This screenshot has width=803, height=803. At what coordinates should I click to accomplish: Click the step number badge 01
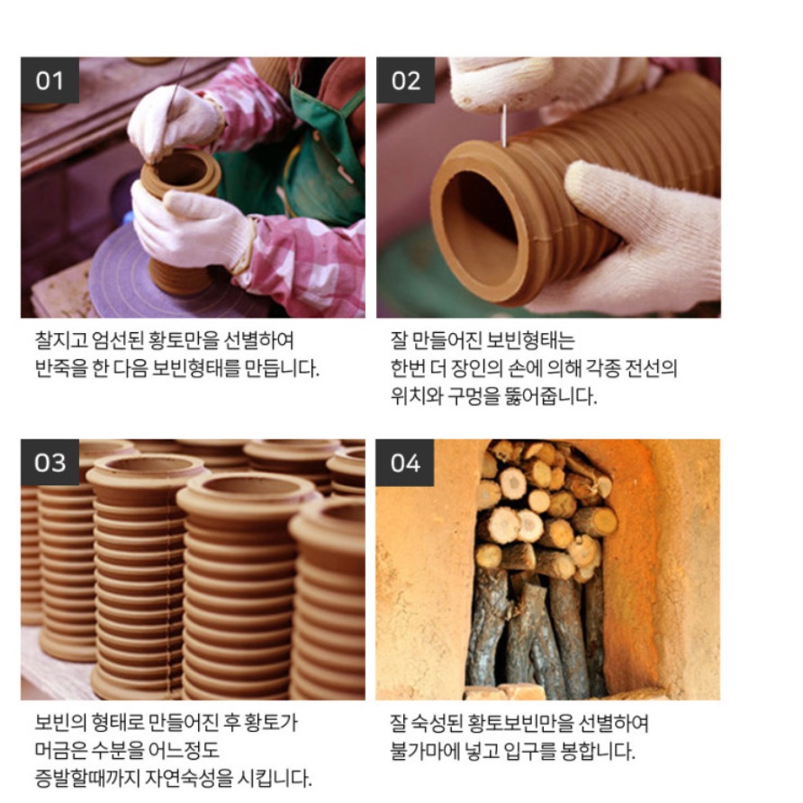tap(50, 81)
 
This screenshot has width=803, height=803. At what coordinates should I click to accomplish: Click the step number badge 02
tap(405, 81)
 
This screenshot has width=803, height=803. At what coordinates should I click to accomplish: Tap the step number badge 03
tap(50, 463)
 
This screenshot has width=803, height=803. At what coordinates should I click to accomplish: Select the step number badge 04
tap(405, 463)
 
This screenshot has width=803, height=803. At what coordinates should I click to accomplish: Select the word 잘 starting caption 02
tap(397, 341)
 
